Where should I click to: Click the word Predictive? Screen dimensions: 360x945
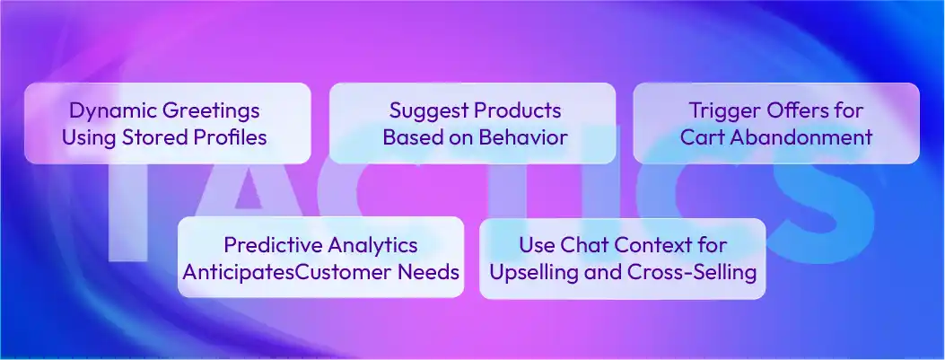pos(268,244)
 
